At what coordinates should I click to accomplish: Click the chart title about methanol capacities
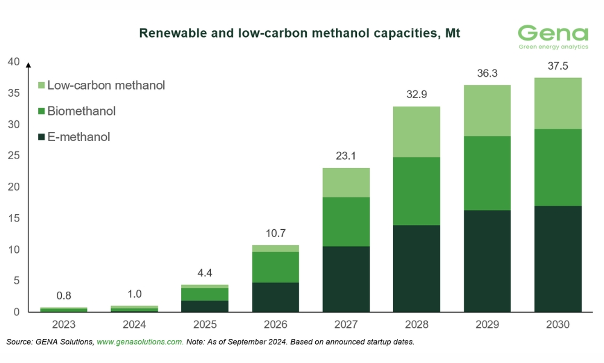tap(300, 33)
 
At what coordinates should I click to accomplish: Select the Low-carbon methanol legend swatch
tap(41, 86)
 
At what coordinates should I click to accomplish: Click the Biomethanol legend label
tap(81, 111)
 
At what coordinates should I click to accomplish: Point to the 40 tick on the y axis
tap(13, 62)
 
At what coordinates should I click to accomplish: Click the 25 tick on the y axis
tap(13, 155)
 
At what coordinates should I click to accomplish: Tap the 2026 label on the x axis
tap(275, 324)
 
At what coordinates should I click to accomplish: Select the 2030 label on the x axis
tap(557, 324)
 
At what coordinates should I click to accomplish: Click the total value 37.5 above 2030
tap(557, 67)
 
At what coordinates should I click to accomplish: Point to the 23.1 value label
tap(346, 156)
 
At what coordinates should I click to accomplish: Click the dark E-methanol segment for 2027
tap(346, 279)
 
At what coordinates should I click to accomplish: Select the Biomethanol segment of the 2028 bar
tap(417, 191)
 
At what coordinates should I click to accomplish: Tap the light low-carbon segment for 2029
tap(487, 111)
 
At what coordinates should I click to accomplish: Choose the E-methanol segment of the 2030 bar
tap(557, 259)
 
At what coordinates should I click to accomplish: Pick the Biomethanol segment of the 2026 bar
tap(275, 267)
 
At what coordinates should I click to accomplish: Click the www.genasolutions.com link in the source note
tap(140, 342)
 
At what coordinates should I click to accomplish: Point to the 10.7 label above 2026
tap(275, 234)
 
